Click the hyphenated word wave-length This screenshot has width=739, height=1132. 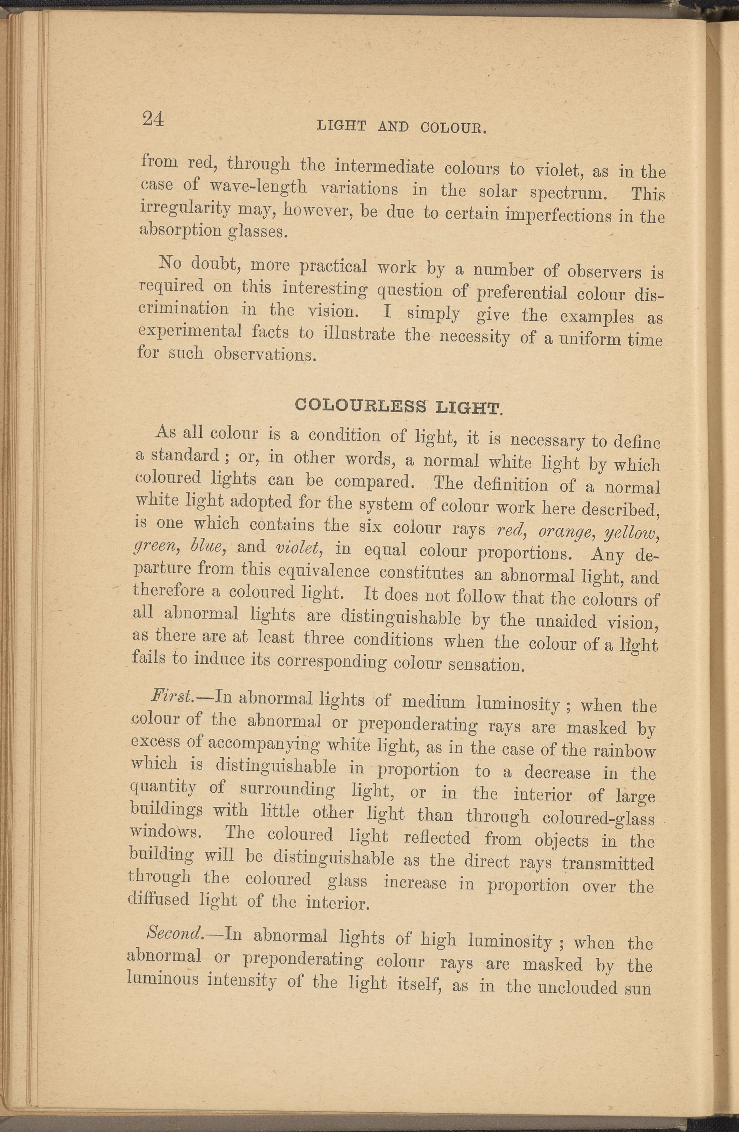click(259, 186)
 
